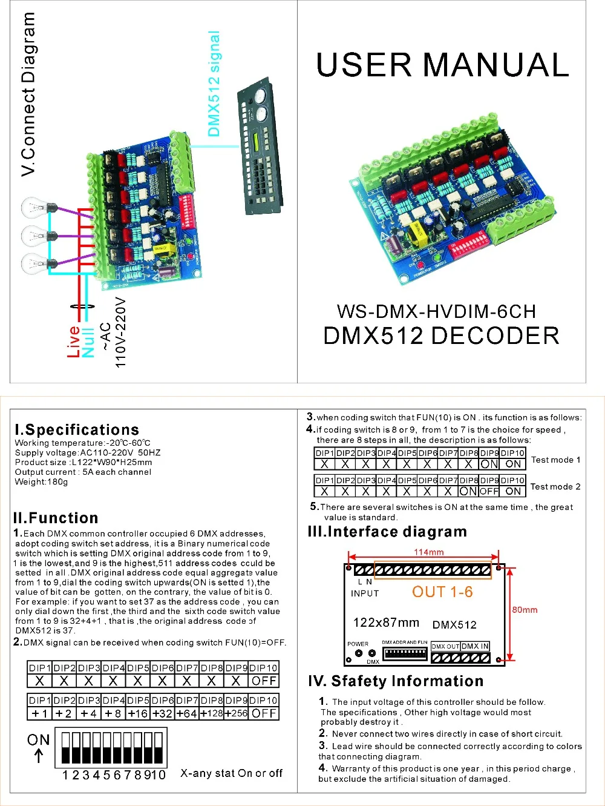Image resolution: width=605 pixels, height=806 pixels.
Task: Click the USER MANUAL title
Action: pos(442,65)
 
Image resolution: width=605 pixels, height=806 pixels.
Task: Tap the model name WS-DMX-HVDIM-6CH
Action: pos(436,312)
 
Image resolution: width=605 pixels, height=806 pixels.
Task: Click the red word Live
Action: pos(74,342)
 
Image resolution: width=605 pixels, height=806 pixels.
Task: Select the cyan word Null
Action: pos(88,343)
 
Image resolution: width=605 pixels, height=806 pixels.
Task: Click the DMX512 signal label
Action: pos(214,84)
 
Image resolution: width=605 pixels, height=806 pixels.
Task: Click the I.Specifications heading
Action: pos(77,430)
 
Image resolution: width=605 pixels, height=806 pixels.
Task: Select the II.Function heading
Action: pos(56,518)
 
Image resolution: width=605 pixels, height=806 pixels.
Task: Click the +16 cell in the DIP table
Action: pos(138,713)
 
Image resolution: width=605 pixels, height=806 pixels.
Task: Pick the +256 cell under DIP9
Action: pos(236,713)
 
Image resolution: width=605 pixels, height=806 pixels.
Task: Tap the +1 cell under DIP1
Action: pos(39,713)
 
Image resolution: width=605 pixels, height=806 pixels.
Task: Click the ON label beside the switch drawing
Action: pos(38,740)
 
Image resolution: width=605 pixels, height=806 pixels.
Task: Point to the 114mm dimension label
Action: pos(428,552)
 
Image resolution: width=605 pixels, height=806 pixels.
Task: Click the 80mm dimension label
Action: pos(525,610)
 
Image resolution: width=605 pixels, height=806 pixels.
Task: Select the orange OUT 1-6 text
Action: pos(442,592)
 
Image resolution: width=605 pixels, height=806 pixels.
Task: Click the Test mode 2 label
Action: pos(555,486)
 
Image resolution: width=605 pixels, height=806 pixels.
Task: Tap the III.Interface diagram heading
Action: pos(387,532)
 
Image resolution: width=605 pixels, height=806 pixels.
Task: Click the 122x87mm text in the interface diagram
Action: pos(386,623)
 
